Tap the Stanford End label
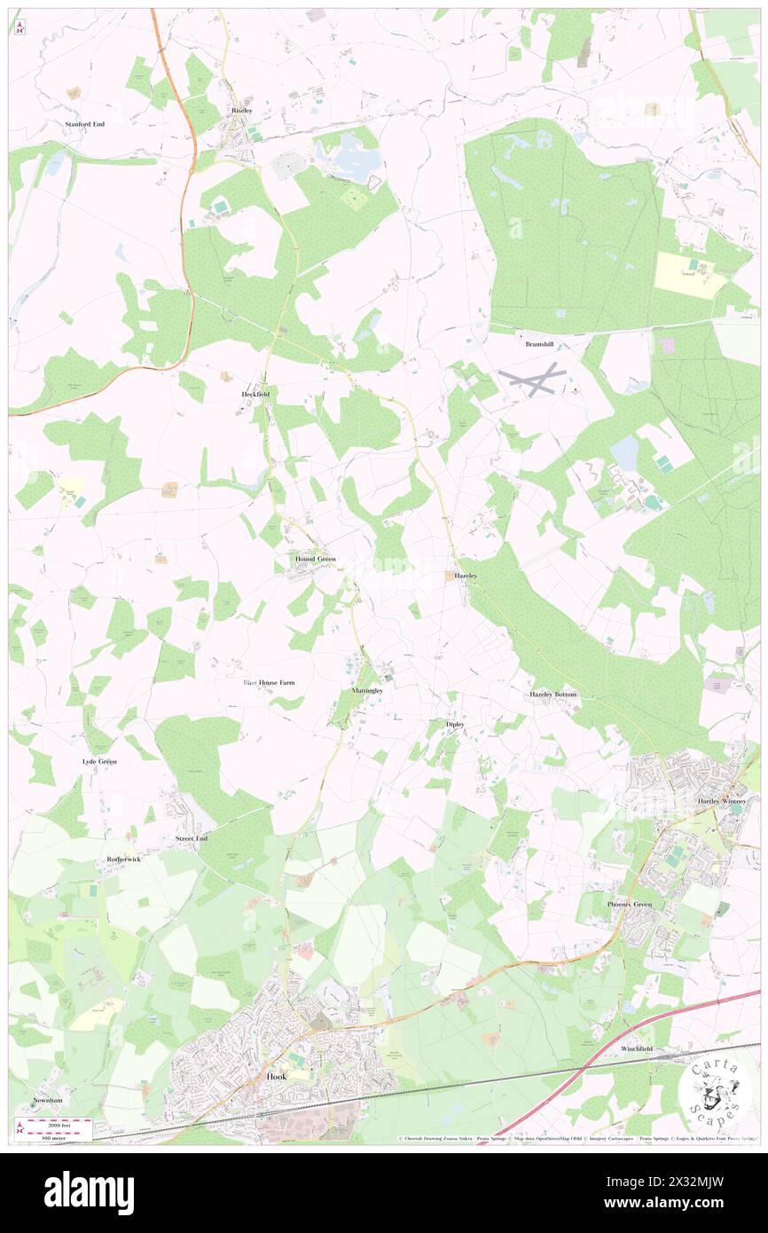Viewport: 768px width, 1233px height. coord(85,124)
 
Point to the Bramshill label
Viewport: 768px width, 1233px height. coord(539,343)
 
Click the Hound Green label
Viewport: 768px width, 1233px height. coord(315,559)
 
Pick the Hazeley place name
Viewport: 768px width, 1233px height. coord(466,576)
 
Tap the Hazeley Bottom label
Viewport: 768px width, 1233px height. coord(553,694)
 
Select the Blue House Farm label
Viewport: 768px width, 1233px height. coord(269,682)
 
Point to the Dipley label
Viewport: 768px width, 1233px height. coord(455,724)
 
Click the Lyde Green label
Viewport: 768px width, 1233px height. coord(98,761)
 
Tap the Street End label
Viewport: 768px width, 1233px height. coord(192,837)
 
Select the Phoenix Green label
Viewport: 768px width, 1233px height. coord(631,904)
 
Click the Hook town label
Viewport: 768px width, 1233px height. coord(277,1076)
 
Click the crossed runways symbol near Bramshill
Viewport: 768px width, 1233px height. coord(531,380)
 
